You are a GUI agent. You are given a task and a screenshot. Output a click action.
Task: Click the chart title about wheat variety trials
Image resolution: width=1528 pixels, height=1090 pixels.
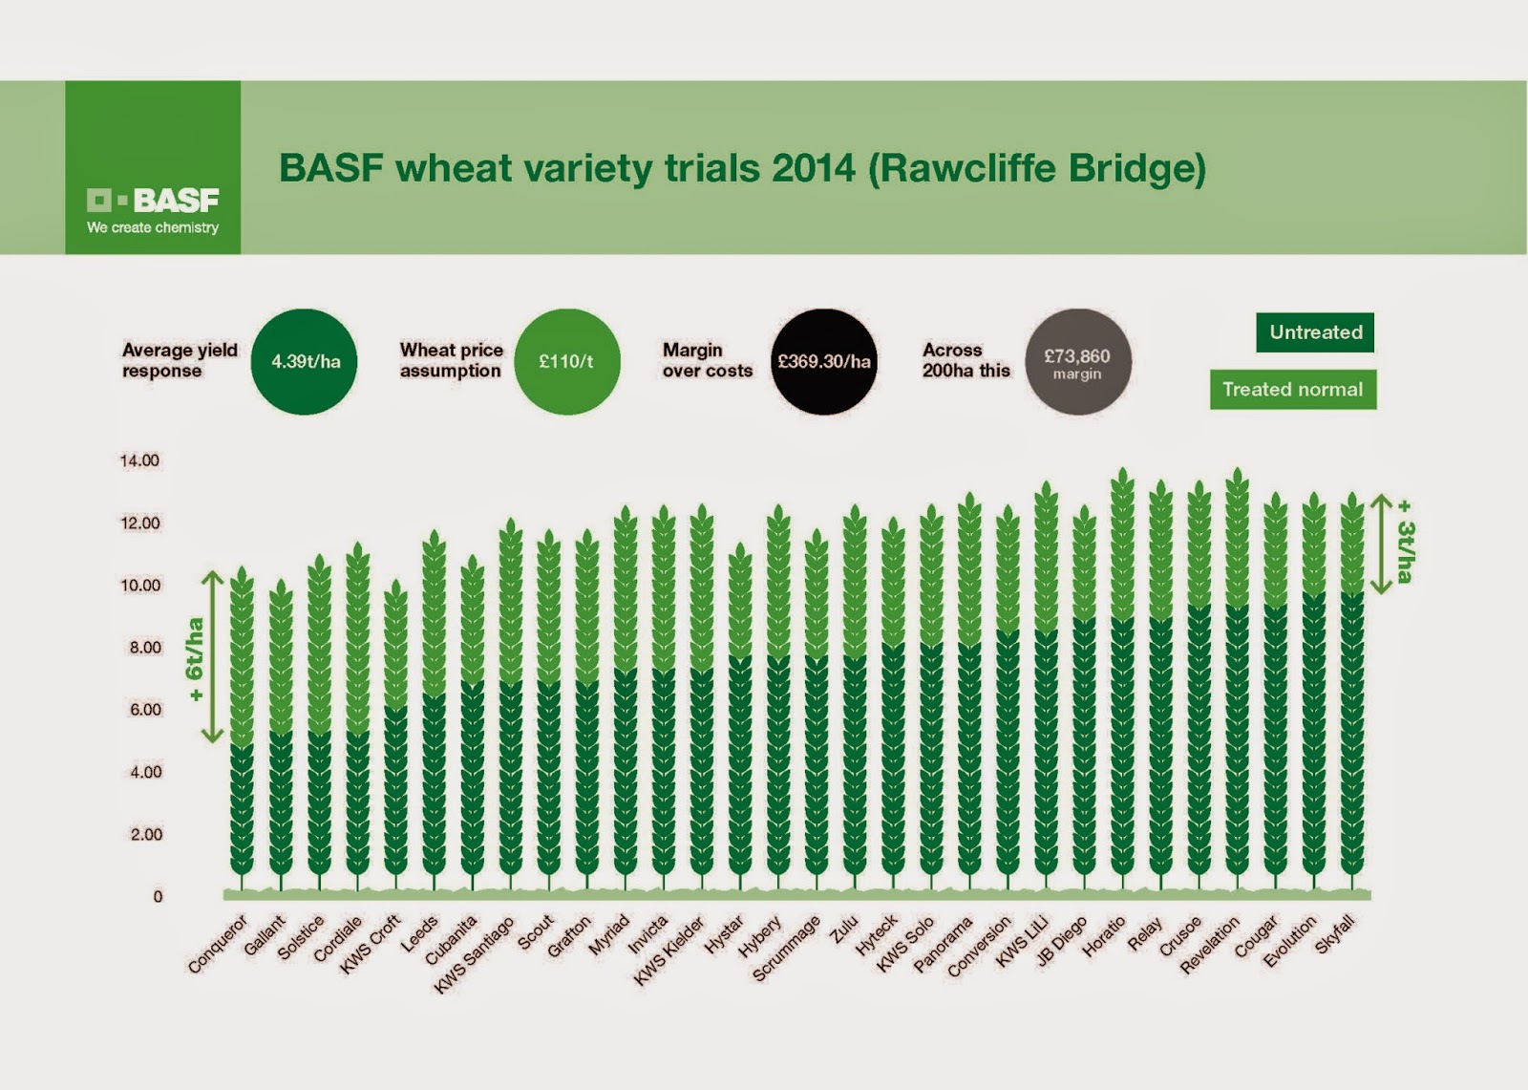742,168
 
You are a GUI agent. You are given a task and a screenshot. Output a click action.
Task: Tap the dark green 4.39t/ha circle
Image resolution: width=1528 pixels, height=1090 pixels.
305,362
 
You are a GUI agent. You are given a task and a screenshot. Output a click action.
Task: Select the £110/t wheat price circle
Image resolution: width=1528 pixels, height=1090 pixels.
566,362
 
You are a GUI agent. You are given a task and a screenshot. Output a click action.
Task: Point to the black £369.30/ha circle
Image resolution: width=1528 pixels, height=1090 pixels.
823,362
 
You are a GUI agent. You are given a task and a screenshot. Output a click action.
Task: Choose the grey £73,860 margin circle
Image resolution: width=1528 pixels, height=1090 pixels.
1077,362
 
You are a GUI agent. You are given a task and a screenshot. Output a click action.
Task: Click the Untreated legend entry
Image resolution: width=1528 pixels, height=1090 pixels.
1315,332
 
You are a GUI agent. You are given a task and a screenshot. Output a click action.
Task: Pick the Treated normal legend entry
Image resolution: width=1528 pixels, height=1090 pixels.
1292,390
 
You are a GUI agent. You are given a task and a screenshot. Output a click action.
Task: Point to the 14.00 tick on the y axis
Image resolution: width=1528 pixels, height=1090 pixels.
139,460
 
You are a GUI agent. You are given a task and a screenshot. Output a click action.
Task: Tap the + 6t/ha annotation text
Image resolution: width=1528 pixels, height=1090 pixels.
195,659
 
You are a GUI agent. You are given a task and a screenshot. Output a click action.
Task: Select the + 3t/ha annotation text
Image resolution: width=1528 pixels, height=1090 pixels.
1405,541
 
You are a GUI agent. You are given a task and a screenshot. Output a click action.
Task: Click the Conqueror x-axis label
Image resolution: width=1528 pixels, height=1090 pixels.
218,944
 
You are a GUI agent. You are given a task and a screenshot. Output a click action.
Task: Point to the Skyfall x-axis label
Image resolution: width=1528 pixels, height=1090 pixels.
1335,933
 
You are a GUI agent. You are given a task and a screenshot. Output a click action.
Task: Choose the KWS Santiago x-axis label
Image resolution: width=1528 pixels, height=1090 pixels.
474,954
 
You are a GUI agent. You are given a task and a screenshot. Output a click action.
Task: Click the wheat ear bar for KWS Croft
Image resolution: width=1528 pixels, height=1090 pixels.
395,736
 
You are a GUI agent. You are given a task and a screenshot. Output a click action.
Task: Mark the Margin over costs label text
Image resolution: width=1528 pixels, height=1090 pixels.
707,360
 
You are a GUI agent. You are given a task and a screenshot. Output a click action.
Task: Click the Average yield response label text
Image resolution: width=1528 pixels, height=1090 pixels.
180,360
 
